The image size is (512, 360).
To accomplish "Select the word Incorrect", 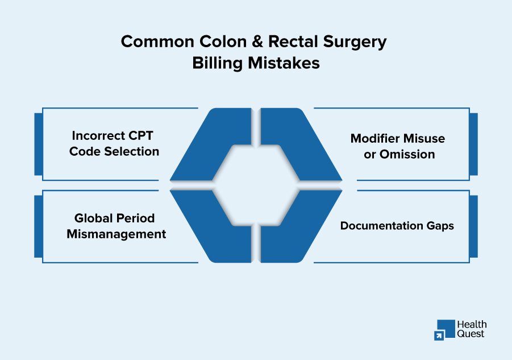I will (97, 136).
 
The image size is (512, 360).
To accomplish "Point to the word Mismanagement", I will (116, 234).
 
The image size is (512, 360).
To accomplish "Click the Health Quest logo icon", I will (444, 330).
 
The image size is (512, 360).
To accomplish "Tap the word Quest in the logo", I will (471, 334).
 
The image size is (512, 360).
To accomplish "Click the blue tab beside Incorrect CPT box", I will (38, 144).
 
